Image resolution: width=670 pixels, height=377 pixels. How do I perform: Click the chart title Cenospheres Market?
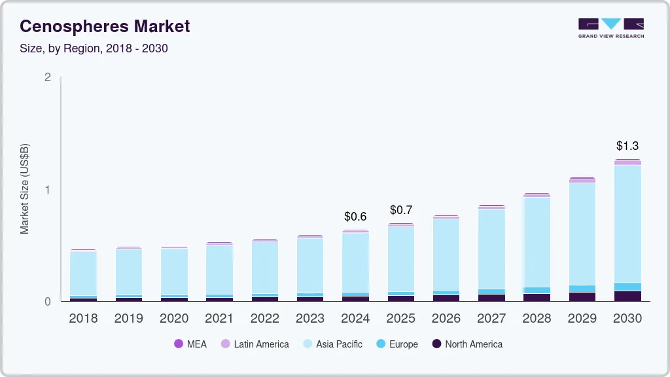[105, 26]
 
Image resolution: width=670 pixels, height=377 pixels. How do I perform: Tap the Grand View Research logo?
[610, 28]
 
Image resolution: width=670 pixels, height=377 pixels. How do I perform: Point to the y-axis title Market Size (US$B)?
[25, 189]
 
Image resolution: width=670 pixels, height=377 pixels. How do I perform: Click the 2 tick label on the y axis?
[47, 77]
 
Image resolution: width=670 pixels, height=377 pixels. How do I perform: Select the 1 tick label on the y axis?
[47, 189]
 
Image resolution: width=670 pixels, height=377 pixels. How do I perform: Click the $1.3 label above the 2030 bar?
[627, 145]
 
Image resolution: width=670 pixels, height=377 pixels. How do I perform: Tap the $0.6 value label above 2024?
[355, 217]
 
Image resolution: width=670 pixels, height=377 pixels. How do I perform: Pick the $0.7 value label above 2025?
[401, 210]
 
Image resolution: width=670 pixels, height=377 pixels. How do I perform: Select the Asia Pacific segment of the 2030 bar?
[627, 223]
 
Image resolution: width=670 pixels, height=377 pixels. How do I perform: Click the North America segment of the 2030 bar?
[627, 296]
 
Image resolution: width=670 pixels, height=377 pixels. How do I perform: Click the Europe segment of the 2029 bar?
[582, 289]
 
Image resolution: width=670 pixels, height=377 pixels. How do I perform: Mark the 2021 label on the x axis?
[219, 319]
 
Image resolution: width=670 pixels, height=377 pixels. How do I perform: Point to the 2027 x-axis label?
[491, 319]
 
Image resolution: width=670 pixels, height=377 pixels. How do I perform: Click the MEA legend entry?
[190, 344]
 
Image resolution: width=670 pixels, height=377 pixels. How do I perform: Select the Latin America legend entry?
[255, 344]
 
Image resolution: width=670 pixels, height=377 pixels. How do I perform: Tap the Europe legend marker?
[381, 344]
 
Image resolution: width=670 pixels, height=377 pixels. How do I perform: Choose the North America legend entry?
[467, 344]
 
